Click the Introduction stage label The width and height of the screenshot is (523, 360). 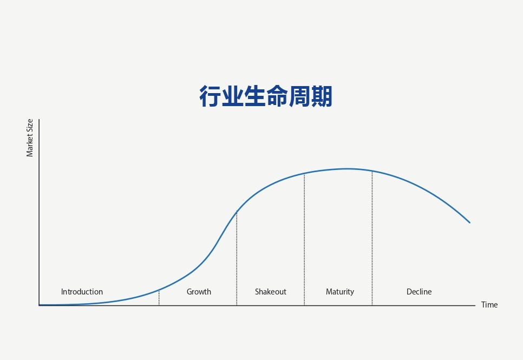[82, 292]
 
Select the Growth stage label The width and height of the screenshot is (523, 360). [199, 292]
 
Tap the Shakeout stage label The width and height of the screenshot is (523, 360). [271, 292]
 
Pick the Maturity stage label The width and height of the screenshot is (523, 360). [340, 292]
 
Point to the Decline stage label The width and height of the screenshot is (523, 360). [419, 292]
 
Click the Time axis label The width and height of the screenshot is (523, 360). [489, 305]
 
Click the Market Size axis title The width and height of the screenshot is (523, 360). [30, 138]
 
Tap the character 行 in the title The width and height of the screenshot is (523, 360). [211, 96]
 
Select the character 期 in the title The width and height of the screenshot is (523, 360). [322, 96]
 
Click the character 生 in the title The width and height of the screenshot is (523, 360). [255, 96]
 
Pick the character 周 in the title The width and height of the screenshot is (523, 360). [299, 96]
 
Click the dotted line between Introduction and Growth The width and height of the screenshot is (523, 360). [159, 298]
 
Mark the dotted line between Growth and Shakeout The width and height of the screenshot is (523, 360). [237, 258]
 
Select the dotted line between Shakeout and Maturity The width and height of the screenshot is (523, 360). [304, 239]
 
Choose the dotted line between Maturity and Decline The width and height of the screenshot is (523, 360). [372, 238]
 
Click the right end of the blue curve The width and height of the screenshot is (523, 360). [469, 222]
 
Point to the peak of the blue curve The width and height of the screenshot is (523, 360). [348, 169]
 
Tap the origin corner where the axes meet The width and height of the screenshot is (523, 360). [40, 305]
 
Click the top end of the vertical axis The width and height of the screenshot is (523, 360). [40, 120]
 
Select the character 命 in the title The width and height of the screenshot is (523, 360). [277, 96]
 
